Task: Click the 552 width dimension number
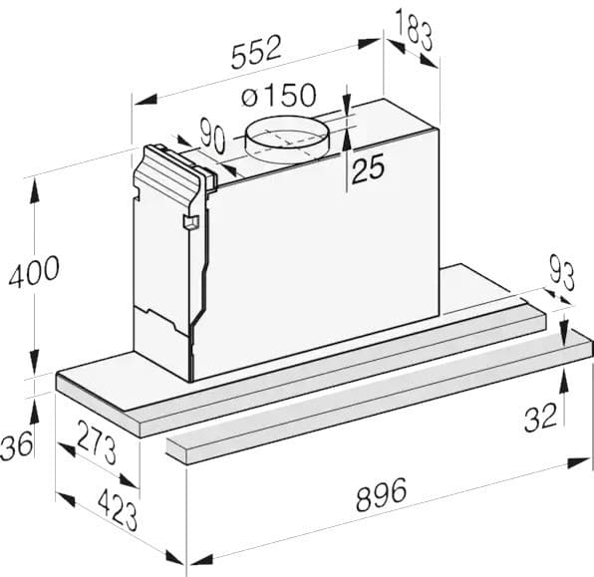tap(257, 52)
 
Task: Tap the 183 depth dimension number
tap(413, 31)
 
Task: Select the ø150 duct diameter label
tap(279, 97)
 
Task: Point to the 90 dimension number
tap(211, 136)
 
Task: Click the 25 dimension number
tap(367, 168)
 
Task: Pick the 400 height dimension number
tap(34, 271)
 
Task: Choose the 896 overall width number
tap(382, 493)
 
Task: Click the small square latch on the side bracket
tap(188, 224)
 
